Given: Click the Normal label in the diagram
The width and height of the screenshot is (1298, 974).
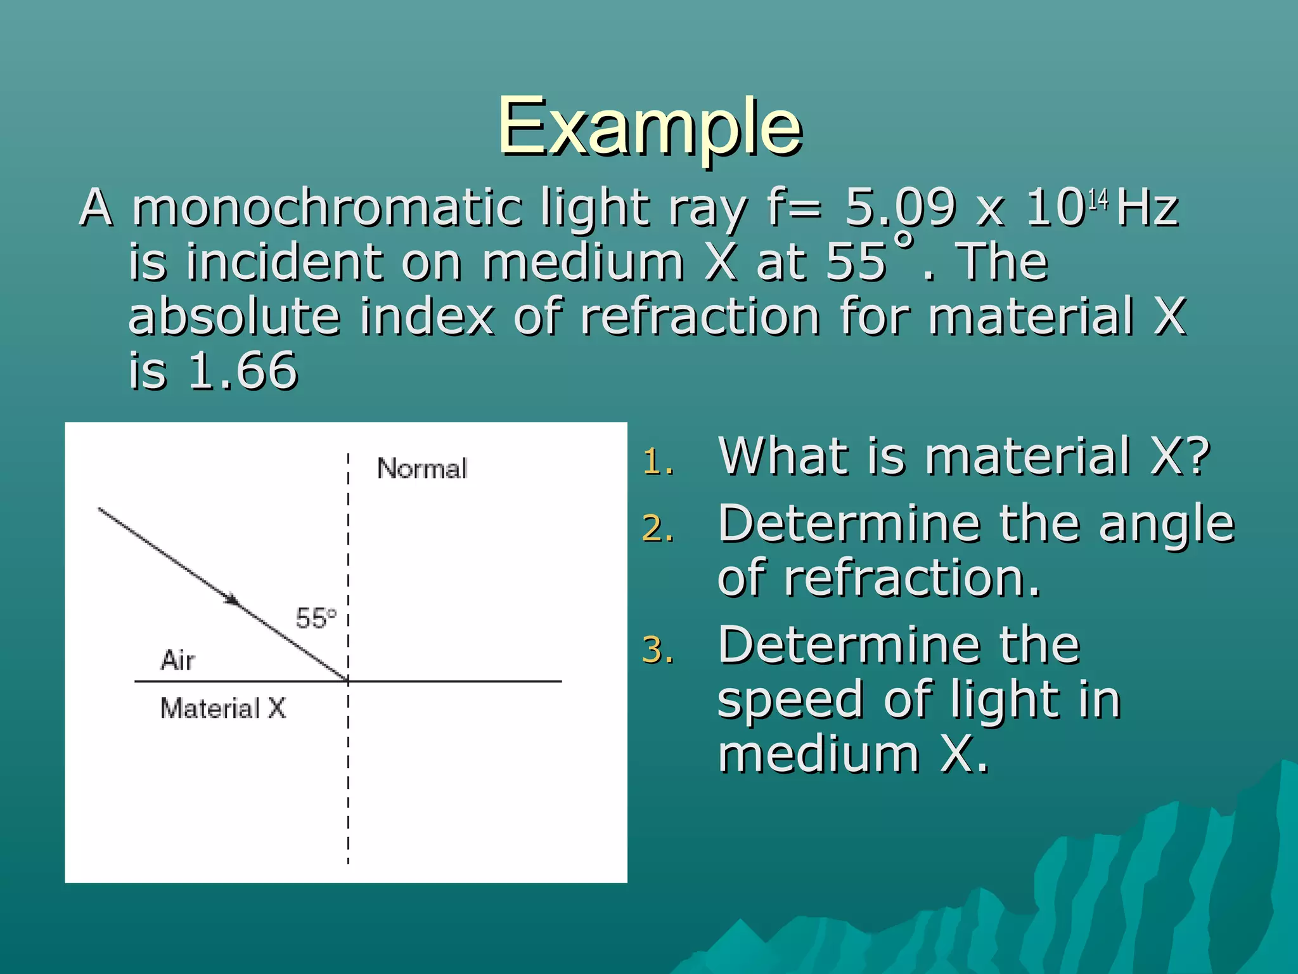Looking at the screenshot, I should (x=422, y=469).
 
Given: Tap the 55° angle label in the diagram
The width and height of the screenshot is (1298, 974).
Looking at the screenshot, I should (x=316, y=618).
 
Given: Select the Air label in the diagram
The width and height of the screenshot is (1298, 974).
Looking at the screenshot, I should (x=177, y=660).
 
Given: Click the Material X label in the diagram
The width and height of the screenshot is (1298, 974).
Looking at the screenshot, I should (x=223, y=708).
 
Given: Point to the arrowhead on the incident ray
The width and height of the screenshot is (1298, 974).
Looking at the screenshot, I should (x=231, y=599).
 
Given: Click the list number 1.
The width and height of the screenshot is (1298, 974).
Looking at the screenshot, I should (x=657, y=463).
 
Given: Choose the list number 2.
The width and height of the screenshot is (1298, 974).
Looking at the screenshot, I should (x=657, y=529).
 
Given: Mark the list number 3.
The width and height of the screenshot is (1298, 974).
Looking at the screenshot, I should (x=657, y=651).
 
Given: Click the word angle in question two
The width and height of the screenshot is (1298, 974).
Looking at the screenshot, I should (x=1166, y=524).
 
